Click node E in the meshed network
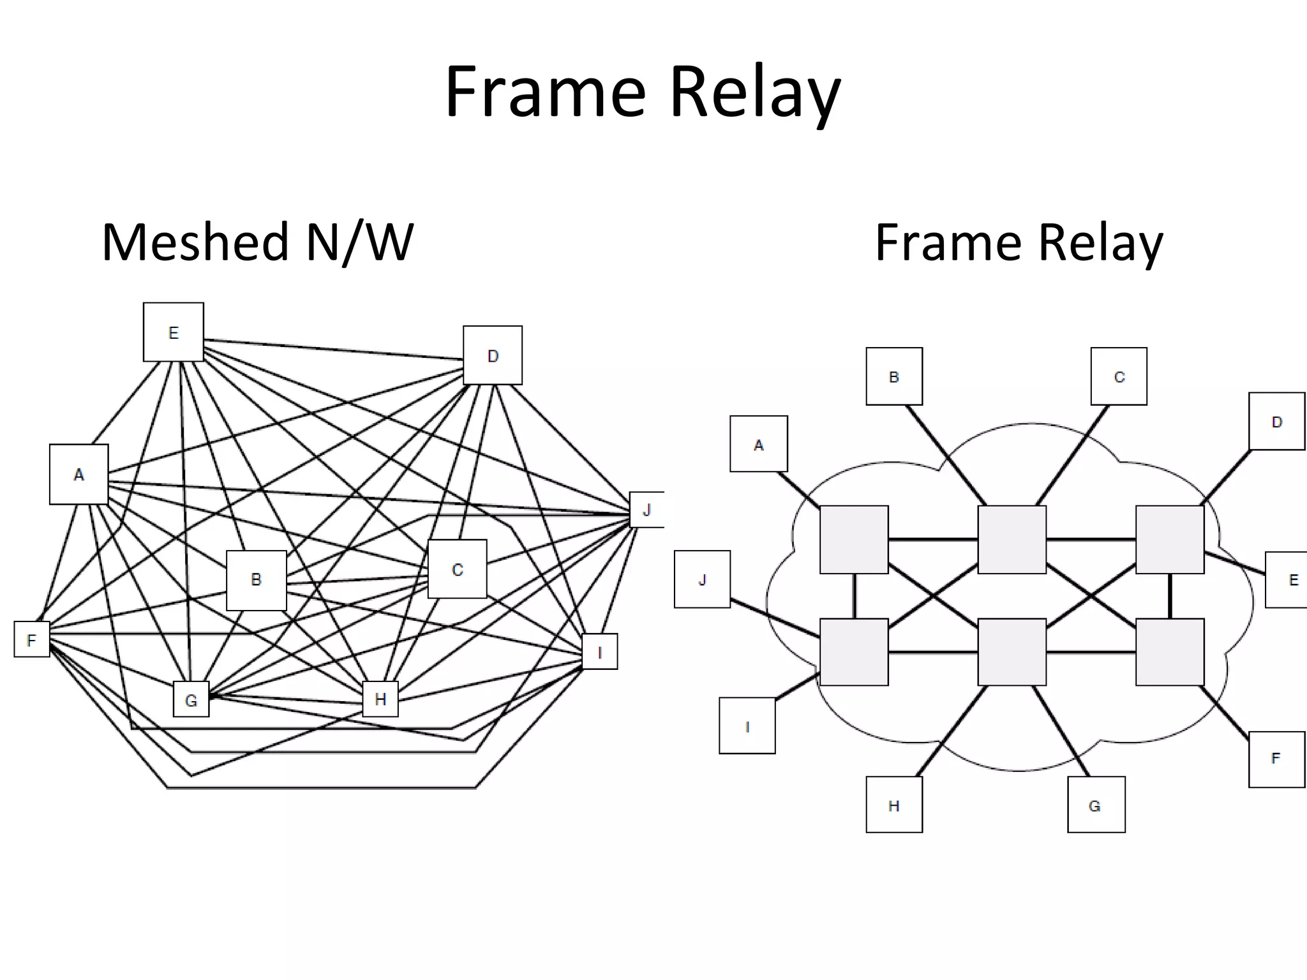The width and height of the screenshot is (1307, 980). (x=173, y=332)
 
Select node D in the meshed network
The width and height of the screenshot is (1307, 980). (x=492, y=355)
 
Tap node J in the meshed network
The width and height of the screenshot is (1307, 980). (x=646, y=509)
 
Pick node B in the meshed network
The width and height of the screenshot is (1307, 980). (x=256, y=579)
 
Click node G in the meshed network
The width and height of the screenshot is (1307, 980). (x=191, y=699)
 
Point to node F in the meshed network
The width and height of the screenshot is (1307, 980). (x=32, y=639)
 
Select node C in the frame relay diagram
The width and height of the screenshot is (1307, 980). (x=1118, y=376)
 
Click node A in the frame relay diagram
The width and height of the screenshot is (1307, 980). (x=758, y=444)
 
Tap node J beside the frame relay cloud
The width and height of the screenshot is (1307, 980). (x=702, y=579)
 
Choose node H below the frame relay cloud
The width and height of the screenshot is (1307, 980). (x=893, y=805)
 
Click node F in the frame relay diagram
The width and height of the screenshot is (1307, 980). (x=1276, y=759)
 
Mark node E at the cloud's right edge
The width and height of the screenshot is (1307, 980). (x=1288, y=579)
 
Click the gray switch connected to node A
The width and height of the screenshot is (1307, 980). (x=853, y=540)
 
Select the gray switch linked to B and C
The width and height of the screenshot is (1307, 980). (x=1012, y=540)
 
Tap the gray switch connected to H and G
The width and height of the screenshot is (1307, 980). (x=1012, y=651)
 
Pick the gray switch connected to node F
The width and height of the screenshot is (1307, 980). (x=1170, y=651)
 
